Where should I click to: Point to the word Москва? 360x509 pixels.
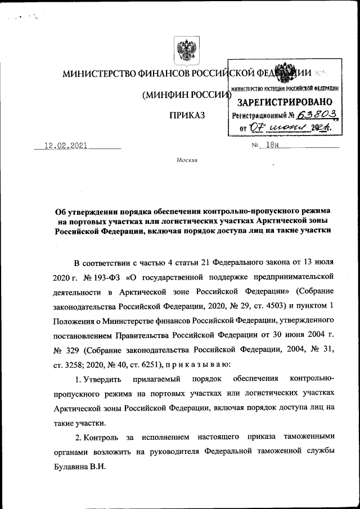click(187, 160)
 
